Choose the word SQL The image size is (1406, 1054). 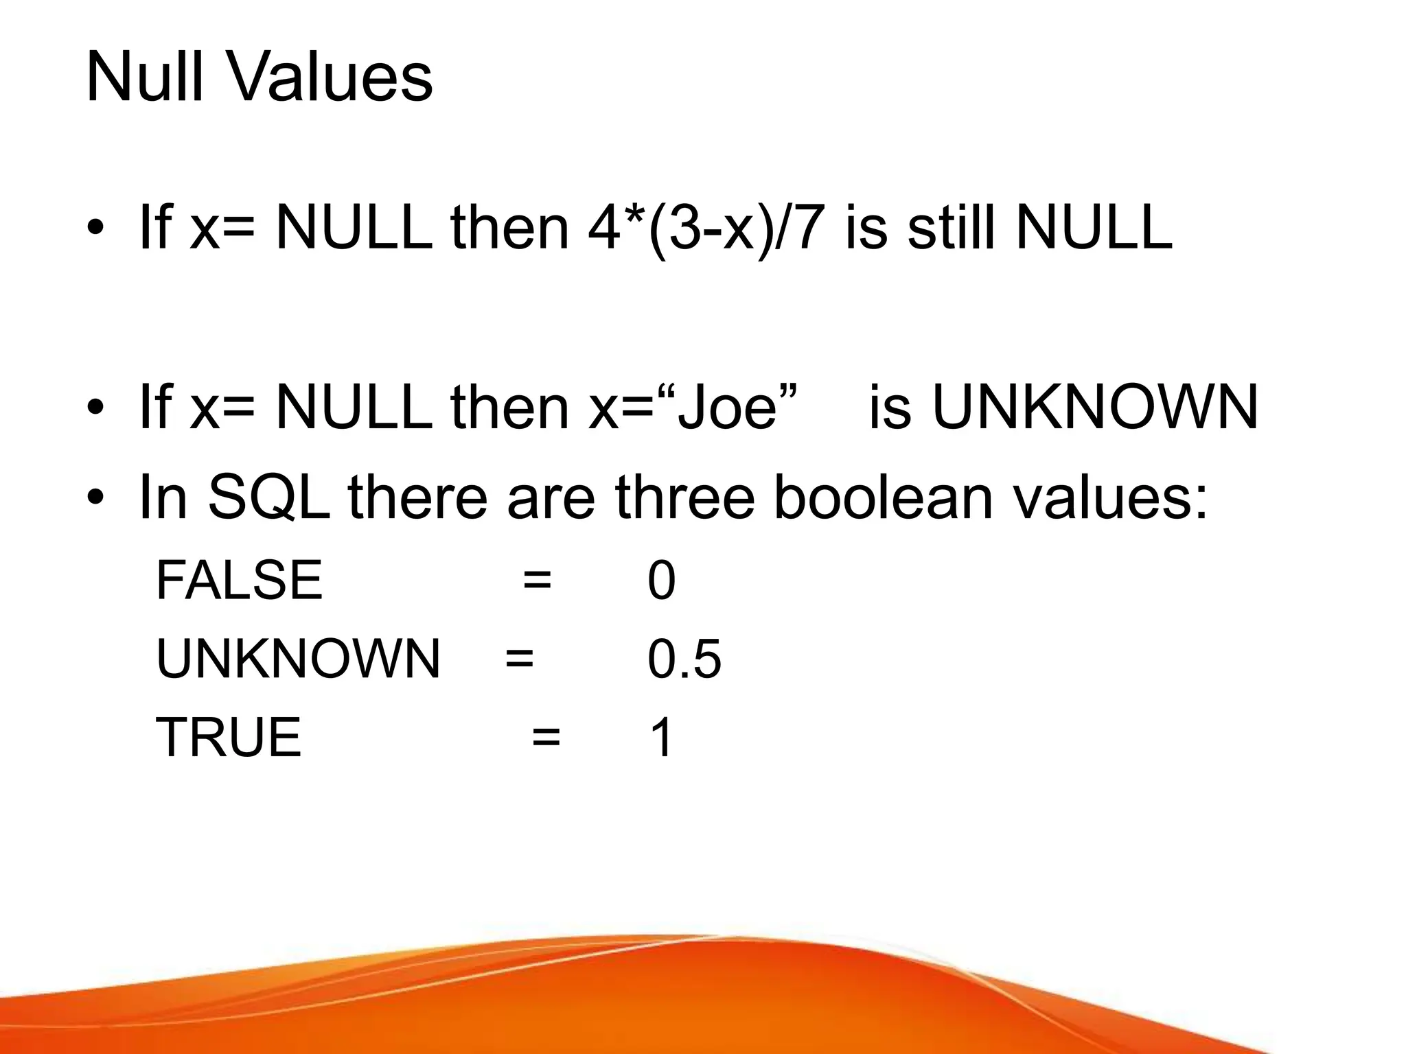269,497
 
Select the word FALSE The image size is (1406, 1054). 239,581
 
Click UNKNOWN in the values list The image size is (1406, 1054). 298,659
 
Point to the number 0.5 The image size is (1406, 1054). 684,659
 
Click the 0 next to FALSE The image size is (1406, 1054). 661,581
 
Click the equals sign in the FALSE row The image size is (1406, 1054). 537,581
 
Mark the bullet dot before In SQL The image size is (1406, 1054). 96,497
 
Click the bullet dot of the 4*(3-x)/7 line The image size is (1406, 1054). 96,229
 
